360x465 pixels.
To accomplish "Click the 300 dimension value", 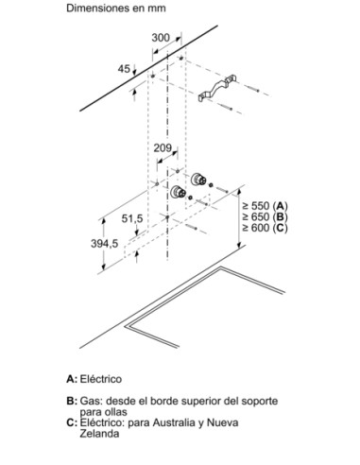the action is pyautogui.click(x=161, y=38).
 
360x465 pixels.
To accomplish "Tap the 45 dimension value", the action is pyautogui.click(x=124, y=69).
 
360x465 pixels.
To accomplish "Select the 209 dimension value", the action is pyautogui.click(x=163, y=147).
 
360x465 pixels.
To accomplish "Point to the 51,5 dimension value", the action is pyautogui.click(x=132, y=218).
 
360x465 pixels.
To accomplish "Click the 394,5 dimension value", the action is pyautogui.click(x=105, y=243).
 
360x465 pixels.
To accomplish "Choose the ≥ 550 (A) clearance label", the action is pyautogui.click(x=265, y=206).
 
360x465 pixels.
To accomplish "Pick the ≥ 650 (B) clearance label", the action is pyautogui.click(x=265, y=216).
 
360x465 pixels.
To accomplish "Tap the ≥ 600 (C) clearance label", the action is pyautogui.click(x=265, y=228).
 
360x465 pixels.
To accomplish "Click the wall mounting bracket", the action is pyautogui.click(x=217, y=89).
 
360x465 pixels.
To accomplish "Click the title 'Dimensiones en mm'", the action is pyautogui.click(x=116, y=9).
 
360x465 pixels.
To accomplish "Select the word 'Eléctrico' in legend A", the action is pyautogui.click(x=101, y=379).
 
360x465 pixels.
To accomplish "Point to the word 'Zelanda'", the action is pyautogui.click(x=99, y=434).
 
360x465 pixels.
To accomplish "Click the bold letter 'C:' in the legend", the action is pyautogui.click(x=72, y=422).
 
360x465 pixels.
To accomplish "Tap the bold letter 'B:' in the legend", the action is pyautogui.click(x=72, y=401).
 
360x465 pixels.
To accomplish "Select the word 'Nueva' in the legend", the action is pyautogui.click(x=222, y=422).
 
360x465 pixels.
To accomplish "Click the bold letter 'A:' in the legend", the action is pyautogui.click(x=72, y=379).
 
